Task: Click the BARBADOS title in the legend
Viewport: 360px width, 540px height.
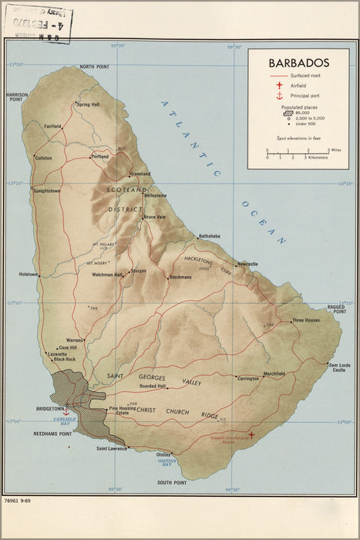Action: [x=298, y=62]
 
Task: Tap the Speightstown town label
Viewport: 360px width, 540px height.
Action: [x=46, y=191]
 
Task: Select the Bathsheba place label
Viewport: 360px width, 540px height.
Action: [x=210, y=235]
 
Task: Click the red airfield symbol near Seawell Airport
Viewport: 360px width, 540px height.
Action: [x=251, y=434]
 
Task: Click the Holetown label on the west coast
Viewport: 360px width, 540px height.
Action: [x=29, y=274]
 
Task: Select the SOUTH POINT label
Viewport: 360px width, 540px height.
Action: [x=172, y=482]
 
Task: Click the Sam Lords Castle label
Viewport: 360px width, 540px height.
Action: [x=338, y=368]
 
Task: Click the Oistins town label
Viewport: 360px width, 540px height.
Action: [x=163, y=454]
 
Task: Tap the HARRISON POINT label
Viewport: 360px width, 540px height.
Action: [x=17, y=97]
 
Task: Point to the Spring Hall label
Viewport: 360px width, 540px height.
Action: [x=88, y=104]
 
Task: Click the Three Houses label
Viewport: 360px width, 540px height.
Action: [x=305, y=320]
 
